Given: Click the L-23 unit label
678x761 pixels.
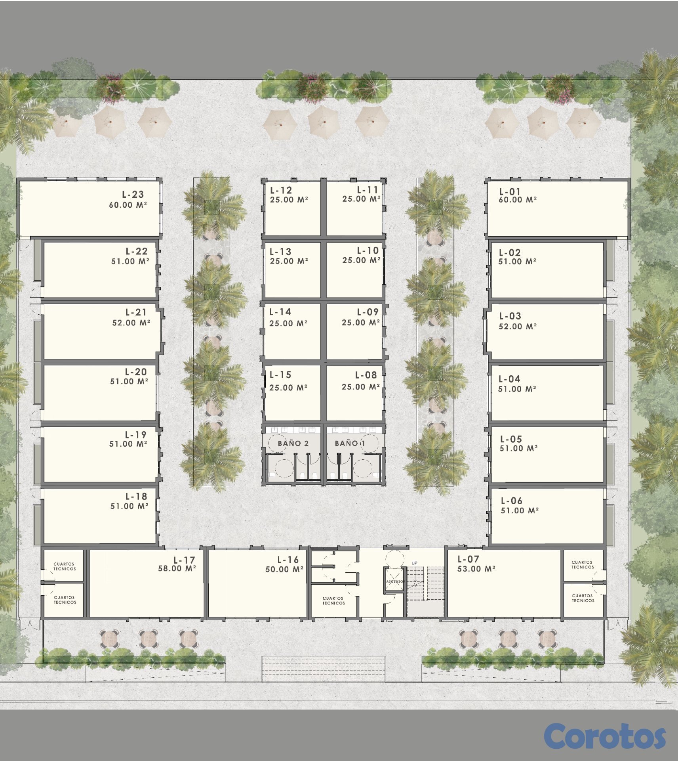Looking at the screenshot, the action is click(x=133, y=195).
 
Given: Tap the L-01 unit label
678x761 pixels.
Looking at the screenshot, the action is click(x=510, y=192).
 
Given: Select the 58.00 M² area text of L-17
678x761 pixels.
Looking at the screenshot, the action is click(x=177, y=568).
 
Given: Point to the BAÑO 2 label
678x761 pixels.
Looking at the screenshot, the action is click(x=293, y=443).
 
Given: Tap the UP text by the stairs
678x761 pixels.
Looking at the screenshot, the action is click(x=414, y=563).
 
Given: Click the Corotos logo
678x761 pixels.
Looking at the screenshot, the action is click(x=605, y=736).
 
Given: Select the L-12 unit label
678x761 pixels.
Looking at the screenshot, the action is click(x=281, y=190).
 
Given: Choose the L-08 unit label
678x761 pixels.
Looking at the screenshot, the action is click(x=366, y=375).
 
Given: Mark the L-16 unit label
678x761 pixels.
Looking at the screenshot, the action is click(x=288, y=560).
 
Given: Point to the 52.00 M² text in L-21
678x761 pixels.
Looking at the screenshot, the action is click(x=131, y=323).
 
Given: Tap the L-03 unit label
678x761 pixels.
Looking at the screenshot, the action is click(x=510, y=316).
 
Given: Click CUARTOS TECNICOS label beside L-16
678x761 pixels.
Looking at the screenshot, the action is click(x=333, y=601).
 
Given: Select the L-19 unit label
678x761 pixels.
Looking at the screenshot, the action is click(x=136, y=435).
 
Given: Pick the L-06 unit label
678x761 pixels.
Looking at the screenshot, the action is click(x=512, y=501).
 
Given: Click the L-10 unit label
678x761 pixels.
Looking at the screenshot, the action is click(x=368, y=250).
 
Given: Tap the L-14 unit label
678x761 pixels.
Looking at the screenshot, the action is click(x=280, y=312).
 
